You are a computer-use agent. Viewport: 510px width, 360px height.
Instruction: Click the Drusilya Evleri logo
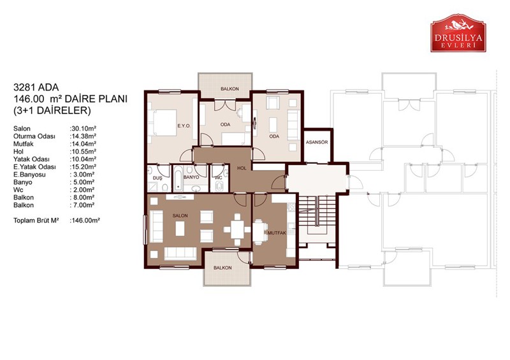coord(458,33)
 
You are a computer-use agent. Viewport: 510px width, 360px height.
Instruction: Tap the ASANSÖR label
coord(317,143)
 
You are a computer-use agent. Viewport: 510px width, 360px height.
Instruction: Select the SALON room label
coord(180,215)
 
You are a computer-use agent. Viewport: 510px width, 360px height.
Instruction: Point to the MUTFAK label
coord(277,233)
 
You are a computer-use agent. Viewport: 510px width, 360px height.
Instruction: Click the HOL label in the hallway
coord(242,168)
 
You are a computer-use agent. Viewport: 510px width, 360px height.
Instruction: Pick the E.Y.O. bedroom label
coord(184,126)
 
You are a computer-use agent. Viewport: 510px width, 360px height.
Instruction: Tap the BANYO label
coord(191,177)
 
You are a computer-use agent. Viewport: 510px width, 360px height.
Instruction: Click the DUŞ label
coord(157,178)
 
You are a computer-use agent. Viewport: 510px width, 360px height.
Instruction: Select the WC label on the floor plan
coord(219,178)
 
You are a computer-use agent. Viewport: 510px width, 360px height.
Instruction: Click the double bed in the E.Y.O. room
coord(162,122)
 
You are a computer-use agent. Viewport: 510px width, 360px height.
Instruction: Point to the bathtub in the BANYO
coord(178,178)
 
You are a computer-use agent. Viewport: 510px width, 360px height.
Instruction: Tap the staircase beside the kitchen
coord(317,211)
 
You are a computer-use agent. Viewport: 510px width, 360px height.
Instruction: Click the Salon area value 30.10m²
coord(83,129)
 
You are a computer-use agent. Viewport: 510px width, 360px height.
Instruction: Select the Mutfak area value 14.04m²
coord(83,144)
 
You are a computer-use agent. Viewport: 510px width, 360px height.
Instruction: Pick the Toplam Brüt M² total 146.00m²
coord(85,220)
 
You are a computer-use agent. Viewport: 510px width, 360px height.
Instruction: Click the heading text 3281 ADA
coord(36,87)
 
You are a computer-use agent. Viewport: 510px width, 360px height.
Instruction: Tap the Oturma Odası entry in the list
coord(34,136)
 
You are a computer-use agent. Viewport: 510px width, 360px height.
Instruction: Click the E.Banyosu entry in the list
coord(29,175)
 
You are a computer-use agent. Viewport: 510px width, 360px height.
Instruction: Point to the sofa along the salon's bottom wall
coord(180,254)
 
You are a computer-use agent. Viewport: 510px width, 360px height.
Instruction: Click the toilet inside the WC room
coord(219,186)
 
